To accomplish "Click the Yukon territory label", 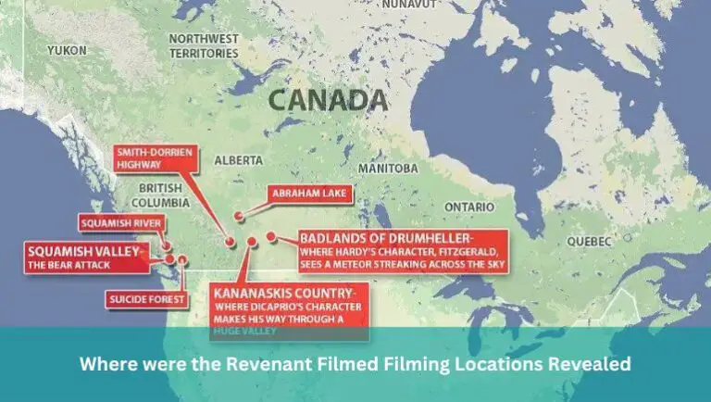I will click(x=68, y=48).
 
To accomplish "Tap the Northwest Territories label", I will click(x=203, y=46).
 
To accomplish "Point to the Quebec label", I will click(x=589, y=241).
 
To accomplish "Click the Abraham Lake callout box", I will click(x=301, y=193).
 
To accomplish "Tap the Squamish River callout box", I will click(x=121, y=223).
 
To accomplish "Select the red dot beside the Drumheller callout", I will click(x=271, y=236).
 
